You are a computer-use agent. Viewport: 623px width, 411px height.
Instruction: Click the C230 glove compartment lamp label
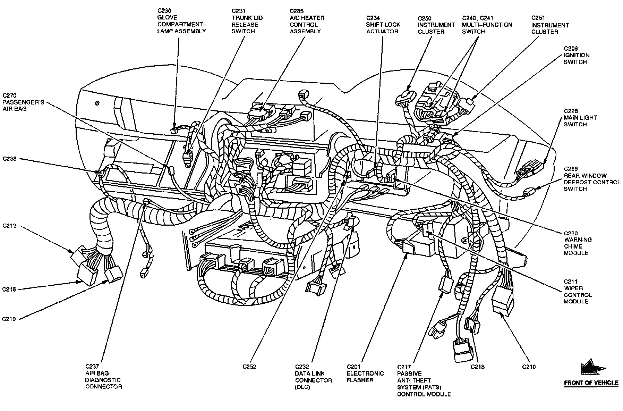pos(181,21)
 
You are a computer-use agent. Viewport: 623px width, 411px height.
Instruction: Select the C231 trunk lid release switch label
pos(247,21)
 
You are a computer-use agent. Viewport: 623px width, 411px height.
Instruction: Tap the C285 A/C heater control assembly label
pos(307,21)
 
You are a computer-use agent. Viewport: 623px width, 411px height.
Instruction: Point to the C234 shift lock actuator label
pos(383,25)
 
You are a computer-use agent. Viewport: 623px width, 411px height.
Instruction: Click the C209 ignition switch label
pos(576,55)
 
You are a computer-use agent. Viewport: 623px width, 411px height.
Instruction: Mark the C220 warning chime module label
pos(578,243)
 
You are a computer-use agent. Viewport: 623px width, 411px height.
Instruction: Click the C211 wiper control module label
pos(578,292)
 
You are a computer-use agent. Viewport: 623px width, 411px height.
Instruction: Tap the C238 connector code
pos(9,159)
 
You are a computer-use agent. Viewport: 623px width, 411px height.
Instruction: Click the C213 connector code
pos(9,226)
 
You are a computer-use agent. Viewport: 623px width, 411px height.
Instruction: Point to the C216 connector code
pos(9,289)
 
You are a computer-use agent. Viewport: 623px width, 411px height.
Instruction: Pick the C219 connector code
pos(9,319)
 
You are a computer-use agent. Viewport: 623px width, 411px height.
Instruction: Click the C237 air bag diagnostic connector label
pos(103,377)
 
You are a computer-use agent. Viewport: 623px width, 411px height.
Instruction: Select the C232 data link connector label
pos(313,377)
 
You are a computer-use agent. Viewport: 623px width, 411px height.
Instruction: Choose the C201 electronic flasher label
pos(365,374)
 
